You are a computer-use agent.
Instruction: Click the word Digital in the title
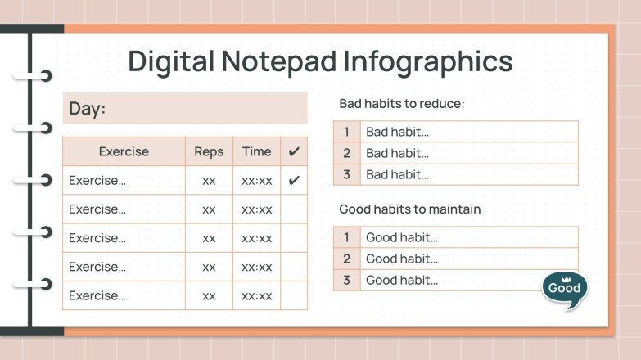click(x=169, y=61)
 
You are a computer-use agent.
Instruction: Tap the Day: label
click(x=87, y=109)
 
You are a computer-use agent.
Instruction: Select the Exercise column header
click(x=124, y=151)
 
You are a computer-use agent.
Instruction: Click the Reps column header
click(x=209, y=151)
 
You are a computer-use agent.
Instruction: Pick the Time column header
click(x=256, y=151)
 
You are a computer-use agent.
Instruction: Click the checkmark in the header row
click(x=294, y=151)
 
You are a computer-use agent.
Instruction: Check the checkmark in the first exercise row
click(x=294, y=180)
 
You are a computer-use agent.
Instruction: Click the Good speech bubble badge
click(x=564, y=289)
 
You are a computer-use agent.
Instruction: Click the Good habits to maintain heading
click(x=410, y=209)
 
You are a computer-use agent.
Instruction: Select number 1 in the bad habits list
click(x=347, y=132)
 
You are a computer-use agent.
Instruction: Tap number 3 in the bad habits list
click(x=347, y=174)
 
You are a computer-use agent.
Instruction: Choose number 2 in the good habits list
click(x=347, y=259)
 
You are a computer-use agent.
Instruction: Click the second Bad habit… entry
click(x=397, y=153)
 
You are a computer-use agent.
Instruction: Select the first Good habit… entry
click(x=402, y=237)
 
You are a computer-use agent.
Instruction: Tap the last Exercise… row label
click(x=97, y=295)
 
